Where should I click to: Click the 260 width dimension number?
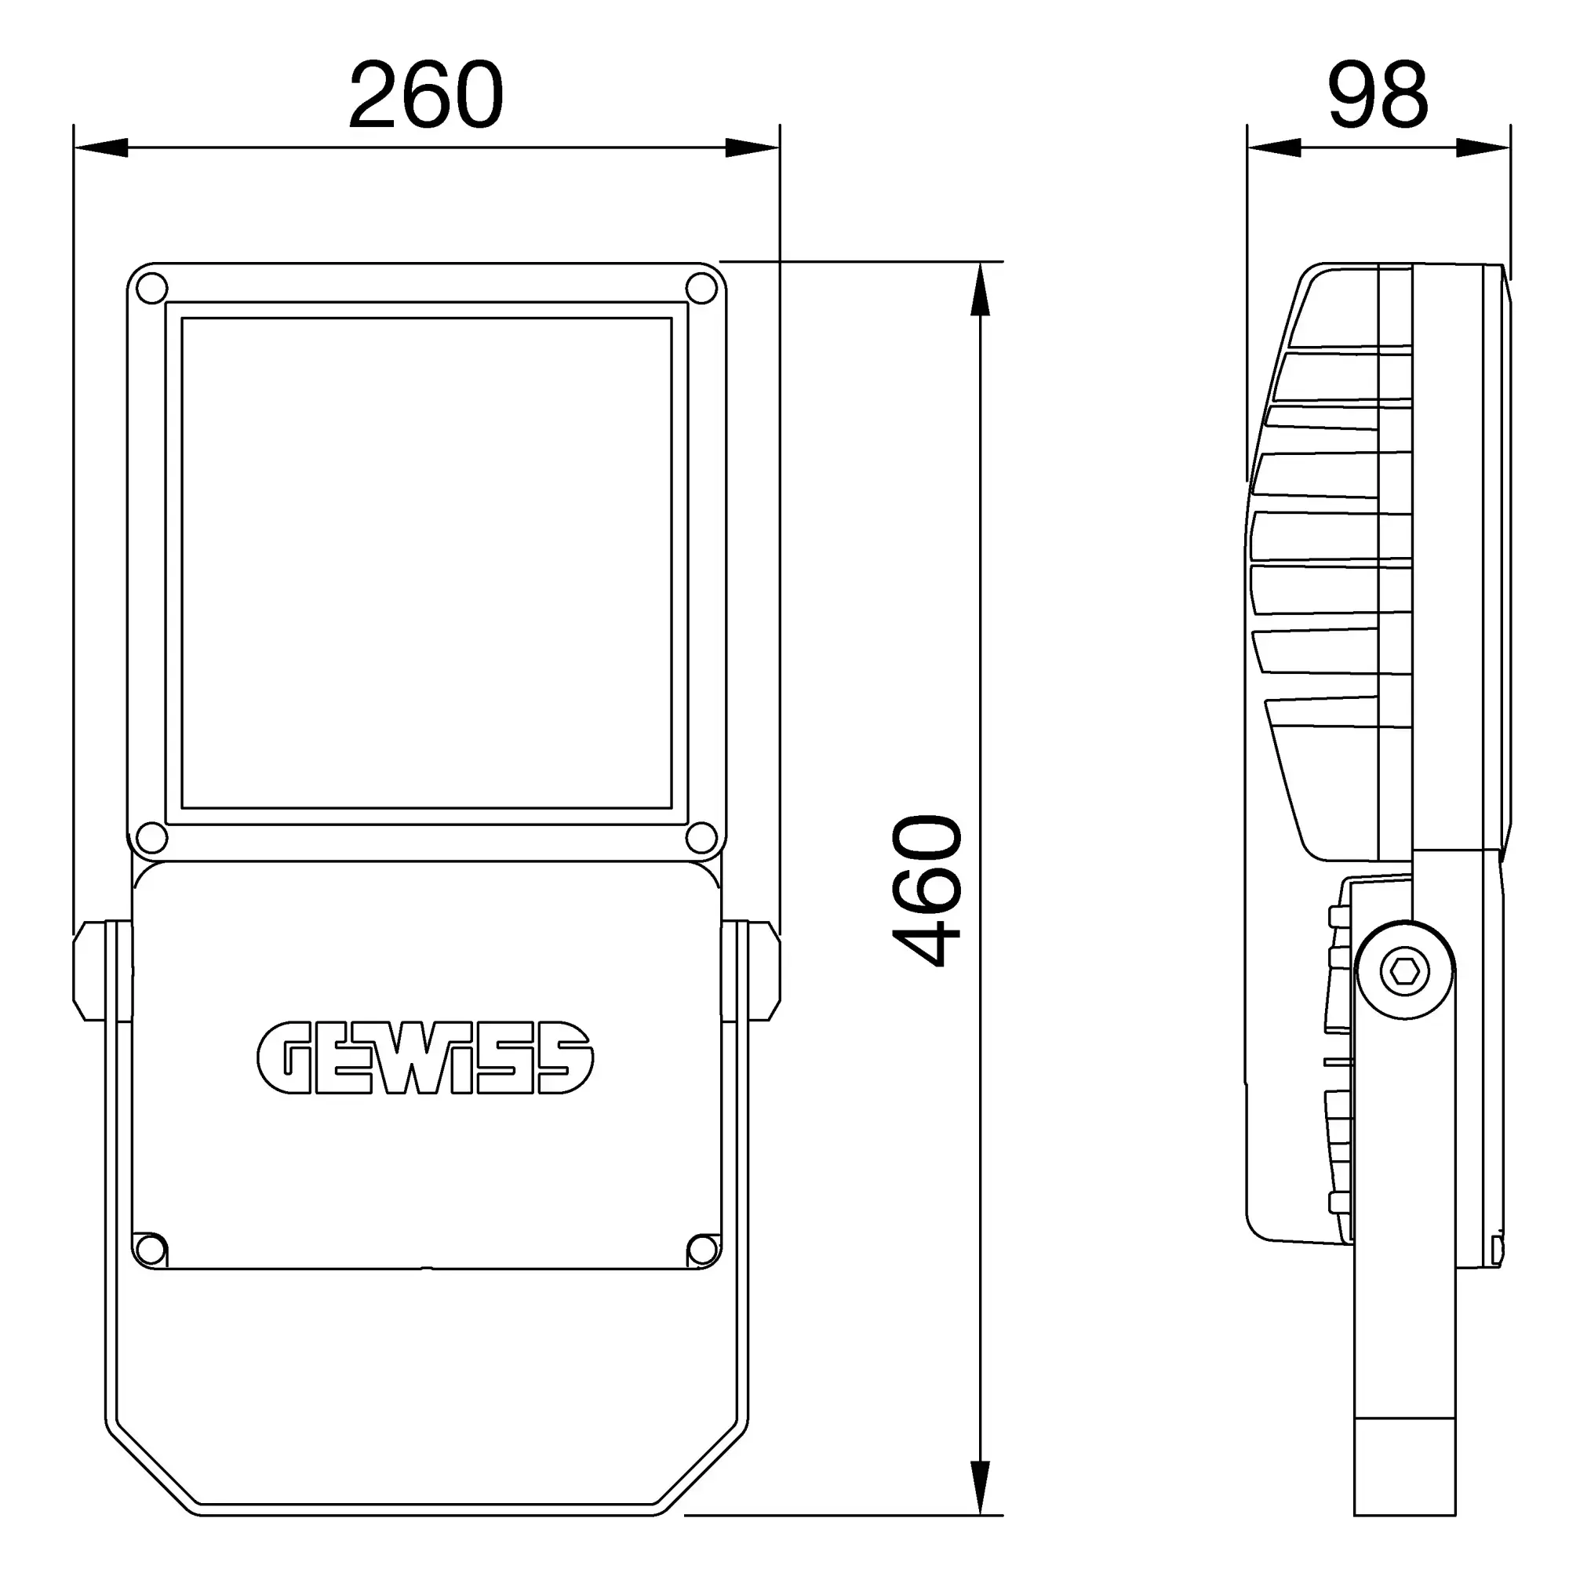(x=426, y=95)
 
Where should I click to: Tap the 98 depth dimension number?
(x=1378, y=95)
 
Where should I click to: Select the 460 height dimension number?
(x=927, y=891)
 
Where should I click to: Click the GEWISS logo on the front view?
(x=425, y=1058)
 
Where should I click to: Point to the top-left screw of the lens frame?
(x=151, y=287)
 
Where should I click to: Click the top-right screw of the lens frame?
(x=701, y=287)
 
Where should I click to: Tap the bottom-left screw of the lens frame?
(x=151, y=837)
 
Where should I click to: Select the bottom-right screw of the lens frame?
(x=701, y=837)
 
